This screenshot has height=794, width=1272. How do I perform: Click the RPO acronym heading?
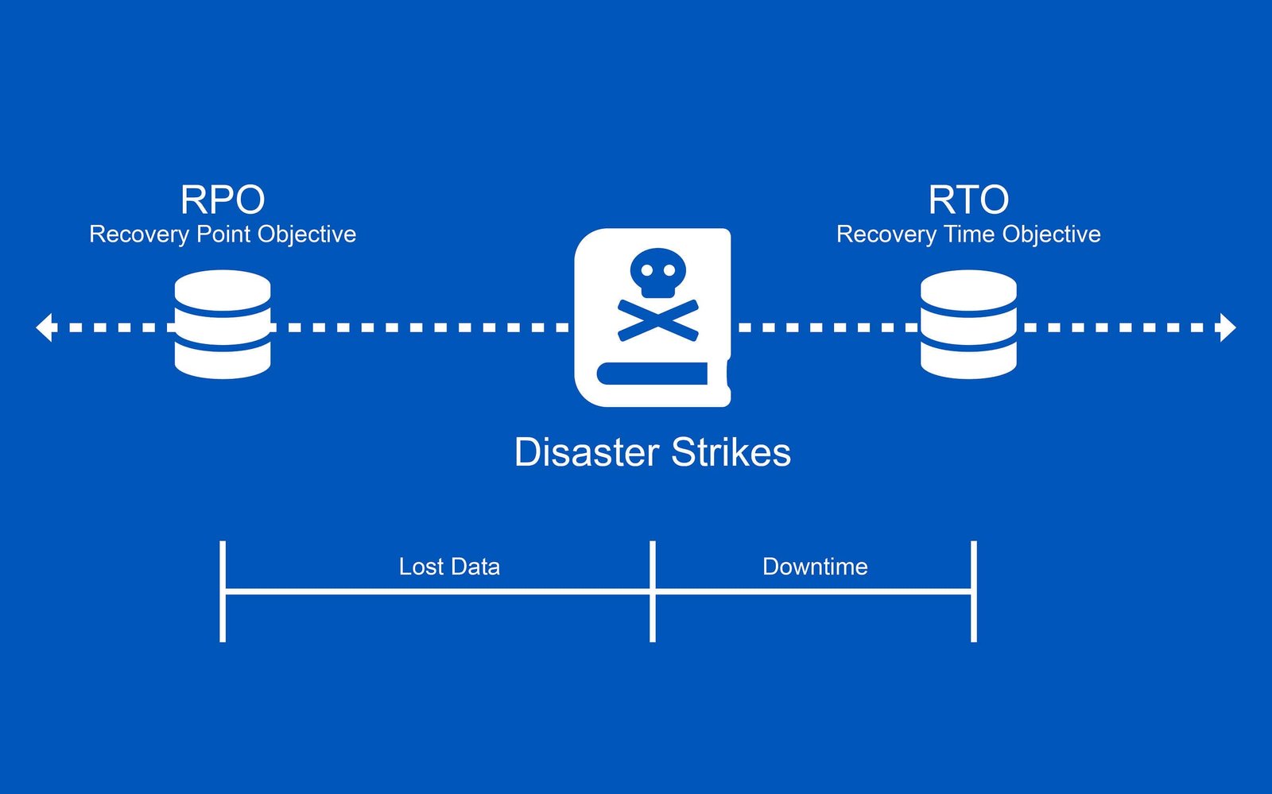(223, 199)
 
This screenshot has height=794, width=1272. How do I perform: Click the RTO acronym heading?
(968, 199)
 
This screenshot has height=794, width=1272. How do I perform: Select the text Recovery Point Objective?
(223, 234)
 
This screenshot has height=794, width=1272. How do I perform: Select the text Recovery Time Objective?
(968, 234)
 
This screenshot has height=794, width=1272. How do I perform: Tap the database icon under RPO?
(223, 324)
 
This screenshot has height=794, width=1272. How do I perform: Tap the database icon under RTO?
(968, 324)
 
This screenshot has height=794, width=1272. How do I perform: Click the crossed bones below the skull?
(658, 320)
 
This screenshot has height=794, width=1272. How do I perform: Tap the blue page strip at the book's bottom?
(652, 374)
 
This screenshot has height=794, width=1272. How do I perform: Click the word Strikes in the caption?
(731, 453)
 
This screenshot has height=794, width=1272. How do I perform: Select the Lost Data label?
(449, 567)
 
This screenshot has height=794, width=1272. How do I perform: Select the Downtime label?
(815, 567)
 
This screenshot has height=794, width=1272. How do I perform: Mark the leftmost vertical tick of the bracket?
(223, 591)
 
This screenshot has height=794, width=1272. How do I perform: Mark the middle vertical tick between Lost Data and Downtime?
(653, 591)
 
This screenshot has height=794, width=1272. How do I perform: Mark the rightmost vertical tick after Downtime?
(974, 591)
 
